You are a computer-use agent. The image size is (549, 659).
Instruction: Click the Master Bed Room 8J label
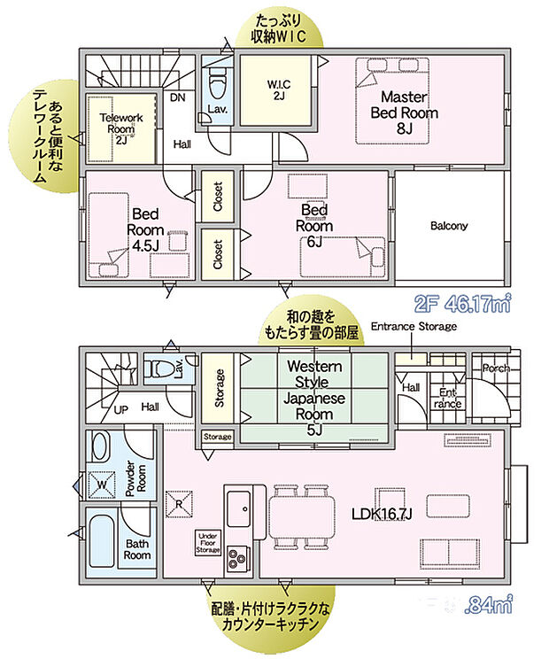(x=405, y=112)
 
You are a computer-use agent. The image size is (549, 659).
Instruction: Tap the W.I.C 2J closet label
(x=279, y=90)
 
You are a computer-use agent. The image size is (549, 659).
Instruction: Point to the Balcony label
(x=449, y=226)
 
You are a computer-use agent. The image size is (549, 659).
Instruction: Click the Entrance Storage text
(x=414, y=327)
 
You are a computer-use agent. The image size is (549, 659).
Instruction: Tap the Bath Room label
(x=137, y=549)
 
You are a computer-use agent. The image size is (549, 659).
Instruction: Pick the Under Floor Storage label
(x=207, y=543)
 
